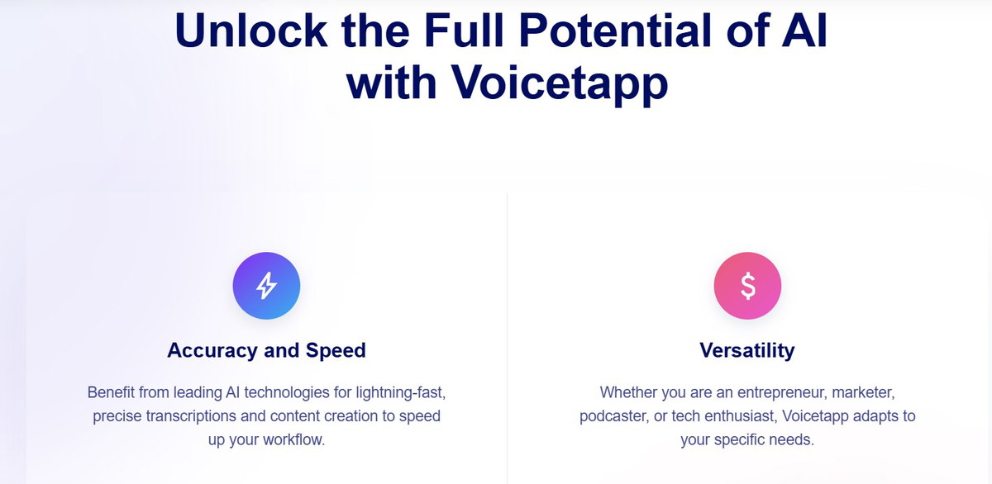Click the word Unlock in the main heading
pos(251,30)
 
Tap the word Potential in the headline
pos(615,30)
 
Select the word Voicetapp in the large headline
pos(560,83)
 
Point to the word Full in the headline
pos(464,30)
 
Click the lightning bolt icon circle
pos(266,286)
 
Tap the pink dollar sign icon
pos(747,286)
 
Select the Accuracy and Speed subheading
pos(266,350)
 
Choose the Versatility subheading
pos(747,350)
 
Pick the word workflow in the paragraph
pos(293,439)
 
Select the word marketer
pos(864,393)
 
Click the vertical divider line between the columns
pos(507,339)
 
